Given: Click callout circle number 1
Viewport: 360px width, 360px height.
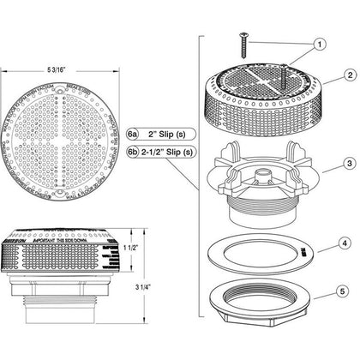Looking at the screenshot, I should (x=319, y=43).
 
